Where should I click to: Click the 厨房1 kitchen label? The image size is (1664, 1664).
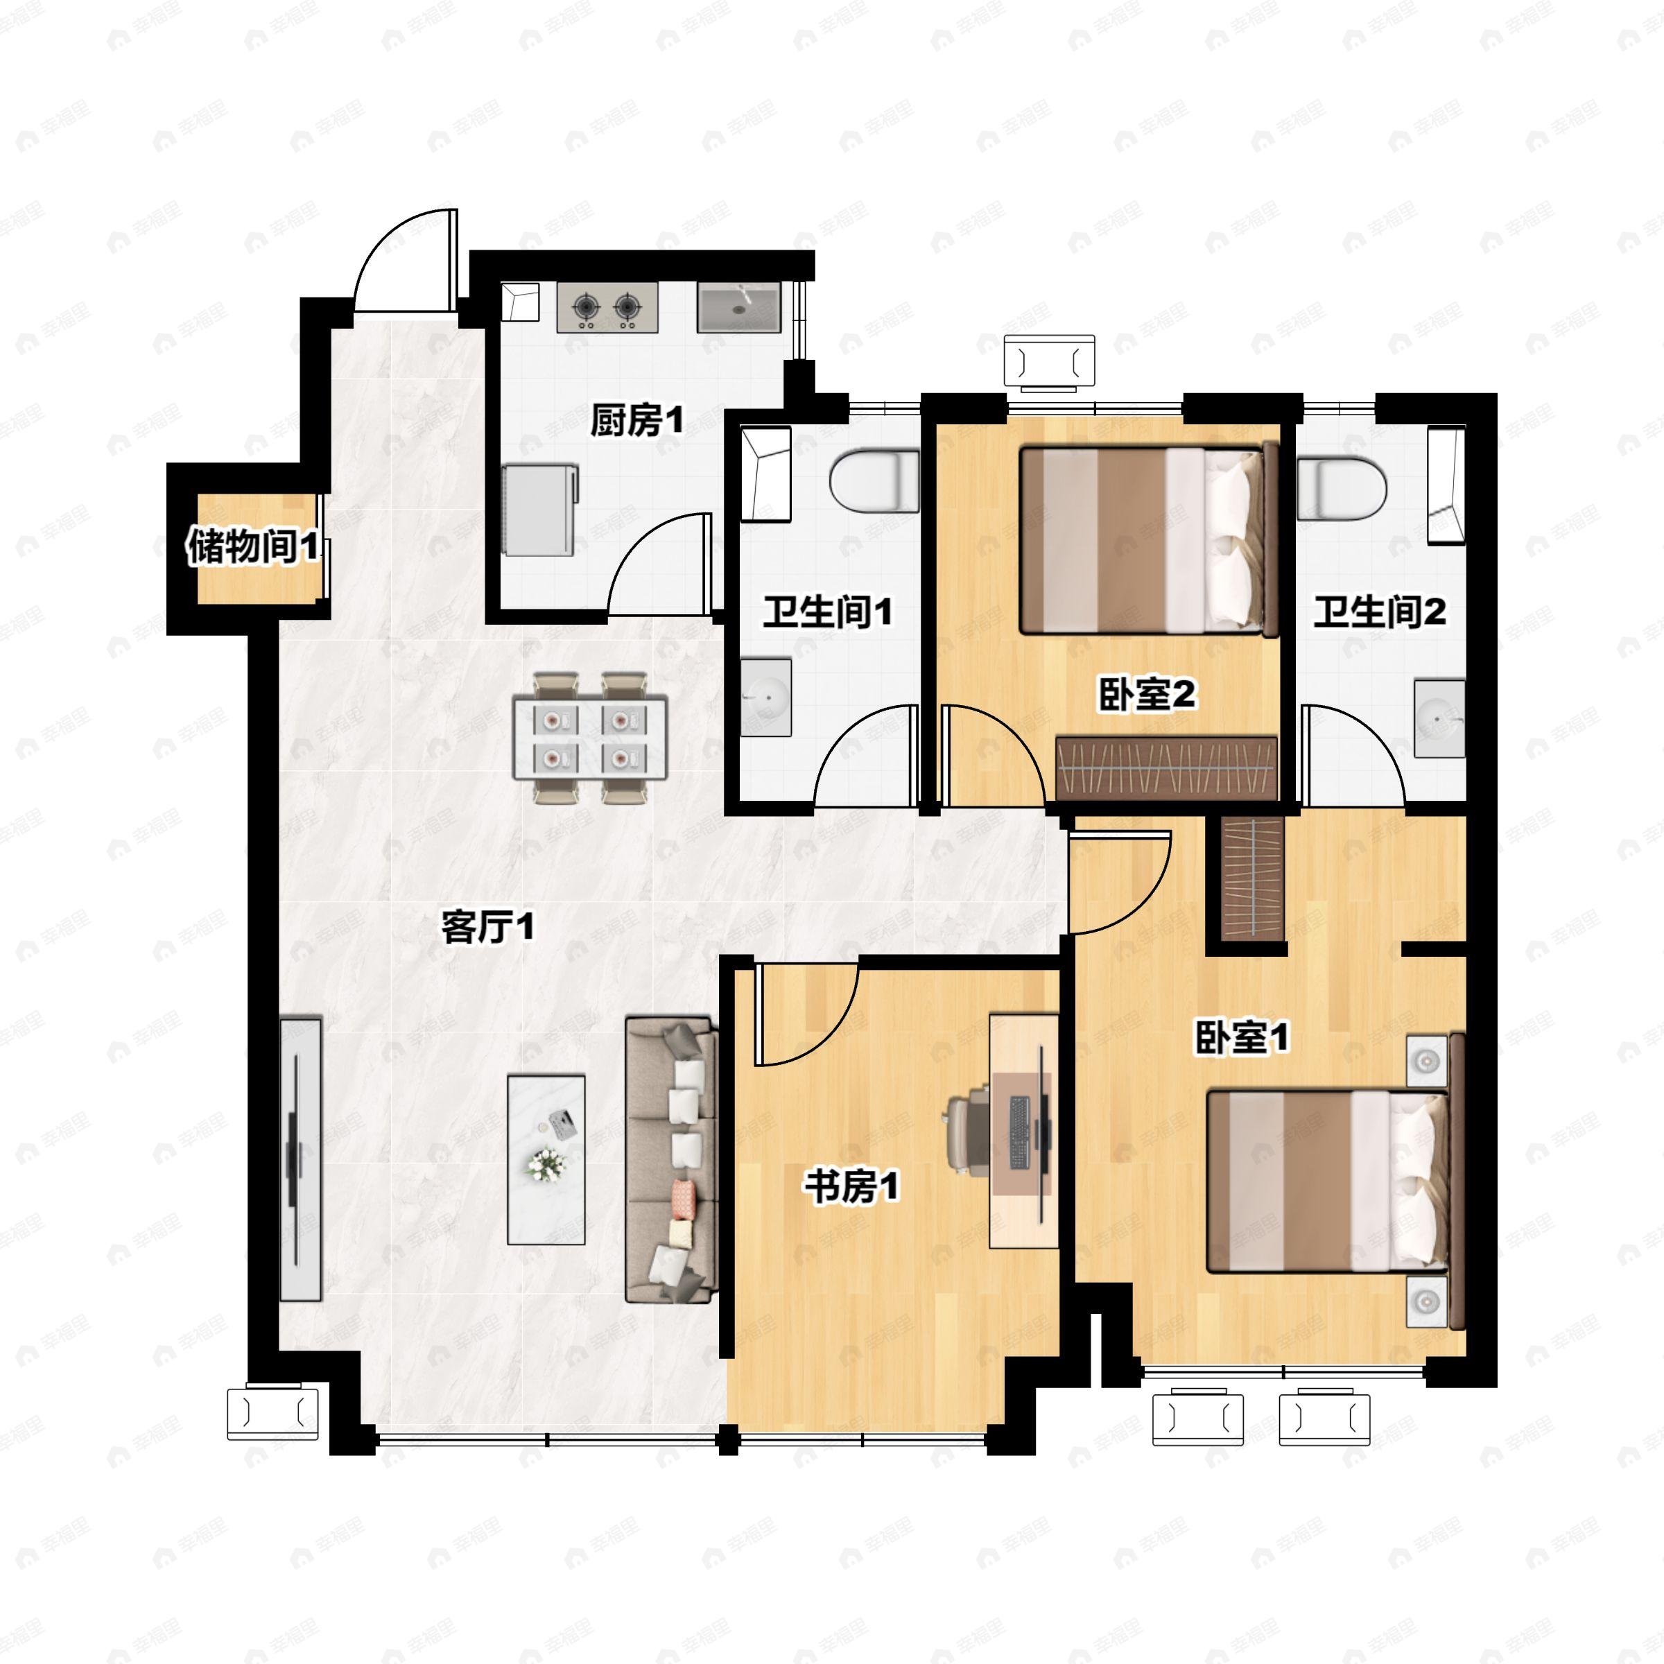[x=636, y=421]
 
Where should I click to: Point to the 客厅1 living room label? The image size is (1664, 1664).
[x=487, y=928]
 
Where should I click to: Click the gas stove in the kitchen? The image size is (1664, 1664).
[x=608, y=307]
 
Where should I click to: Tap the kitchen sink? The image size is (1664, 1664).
[x=739, y=307]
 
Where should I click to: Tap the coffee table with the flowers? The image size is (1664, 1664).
[x=546, y=1159]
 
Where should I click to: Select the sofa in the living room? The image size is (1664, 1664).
[x=672, y=1159]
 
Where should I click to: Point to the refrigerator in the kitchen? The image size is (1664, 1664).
[x=540, y=510]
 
